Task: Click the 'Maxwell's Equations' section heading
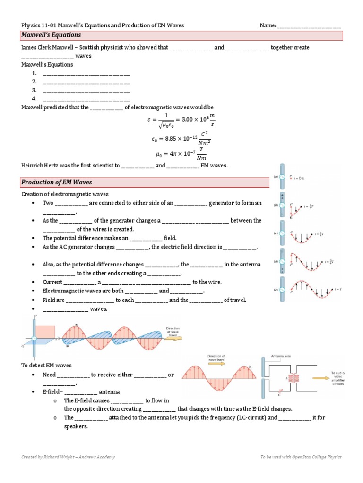pos(51,35)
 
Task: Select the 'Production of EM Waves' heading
pos(56,183)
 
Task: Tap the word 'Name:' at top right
pos(268,25)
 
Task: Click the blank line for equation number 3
pos(86,91)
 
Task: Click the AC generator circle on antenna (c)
pos(282,233)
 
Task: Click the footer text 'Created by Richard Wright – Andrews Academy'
pos(68,457)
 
